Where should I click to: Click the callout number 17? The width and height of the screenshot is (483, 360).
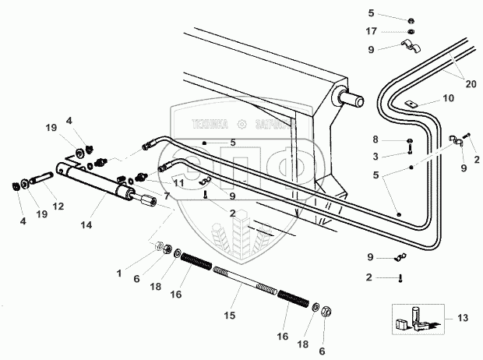tap(372, 32)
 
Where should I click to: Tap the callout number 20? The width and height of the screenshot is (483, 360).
tap(471, 85)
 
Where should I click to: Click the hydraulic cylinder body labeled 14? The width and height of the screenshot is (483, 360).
tap(101, 186)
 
